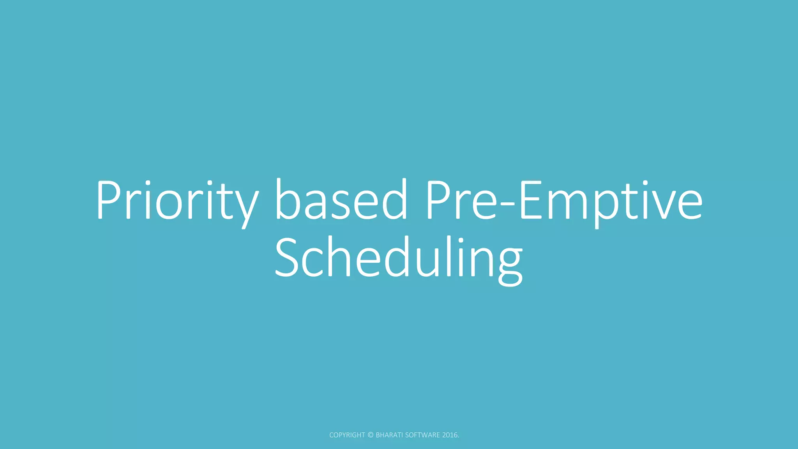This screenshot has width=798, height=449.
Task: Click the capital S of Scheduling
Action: click(x=288, y=257)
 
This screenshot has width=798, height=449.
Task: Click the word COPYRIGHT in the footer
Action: click(x=347, y=435)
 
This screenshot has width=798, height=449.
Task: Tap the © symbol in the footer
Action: click(x=371, y=435)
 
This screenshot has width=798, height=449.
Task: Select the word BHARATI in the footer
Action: click(x=389, y=435)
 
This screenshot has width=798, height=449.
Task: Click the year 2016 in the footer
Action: click(x=450, y=435)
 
